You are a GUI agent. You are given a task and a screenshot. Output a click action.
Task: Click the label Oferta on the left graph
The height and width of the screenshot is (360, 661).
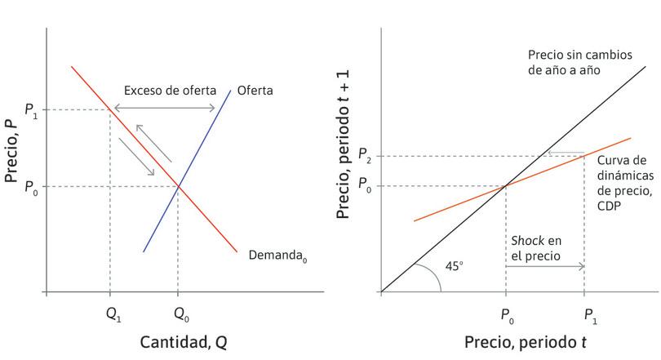255,90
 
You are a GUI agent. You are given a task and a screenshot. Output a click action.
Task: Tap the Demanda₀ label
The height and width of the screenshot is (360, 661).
277,256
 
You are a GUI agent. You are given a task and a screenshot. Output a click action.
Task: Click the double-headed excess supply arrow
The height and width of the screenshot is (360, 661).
164,109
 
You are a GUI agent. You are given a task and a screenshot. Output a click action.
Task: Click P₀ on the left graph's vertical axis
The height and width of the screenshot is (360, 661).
31,187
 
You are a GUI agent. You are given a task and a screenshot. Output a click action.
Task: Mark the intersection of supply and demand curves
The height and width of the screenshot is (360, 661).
178,187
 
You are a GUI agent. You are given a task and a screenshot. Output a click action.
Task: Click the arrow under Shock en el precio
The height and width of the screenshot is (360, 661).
545,266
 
